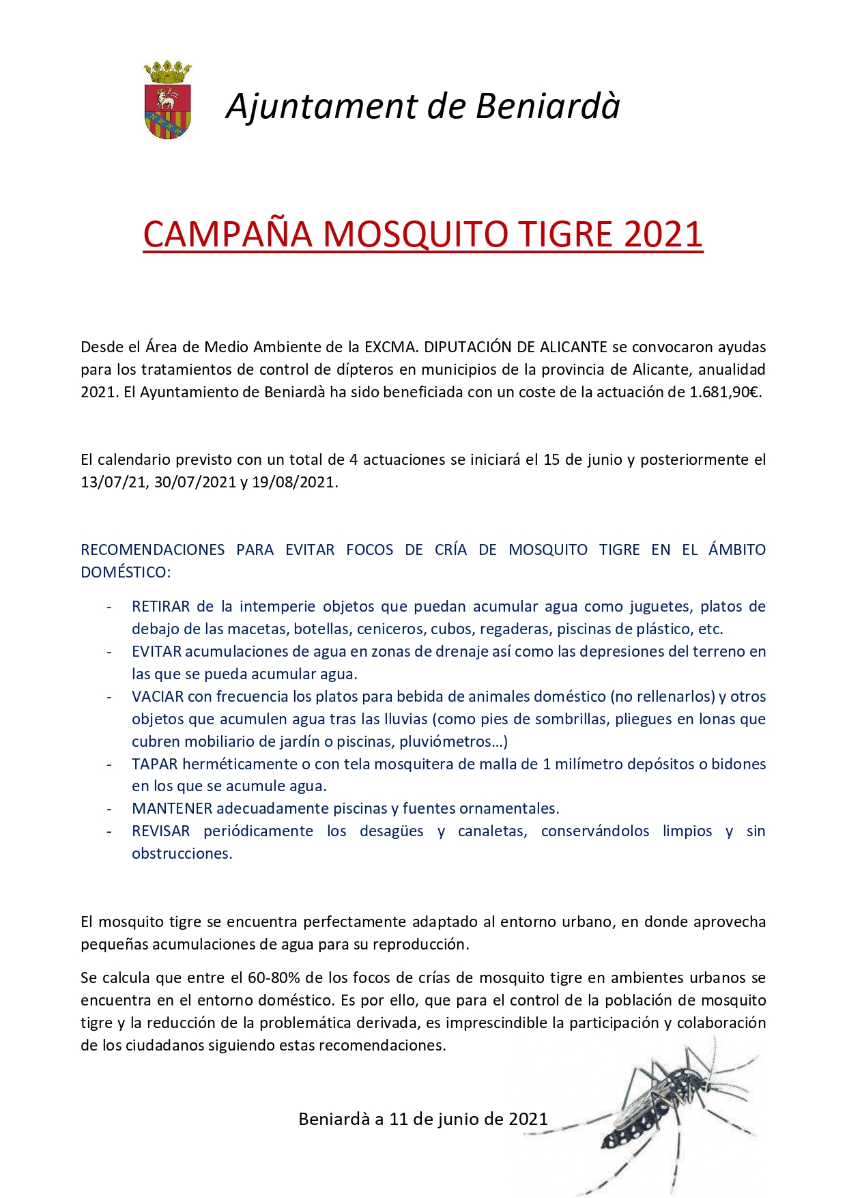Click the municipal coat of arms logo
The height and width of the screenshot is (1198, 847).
pos(167,101)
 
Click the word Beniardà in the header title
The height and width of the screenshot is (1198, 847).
pos(547,106)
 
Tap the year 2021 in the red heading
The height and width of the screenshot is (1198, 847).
pos(663,234)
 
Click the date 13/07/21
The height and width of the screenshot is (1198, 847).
pos(113,482)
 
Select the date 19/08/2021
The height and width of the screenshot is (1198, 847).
pos(294,482)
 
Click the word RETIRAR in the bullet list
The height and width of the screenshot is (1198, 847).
pos(161,606)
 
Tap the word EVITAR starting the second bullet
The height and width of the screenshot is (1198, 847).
pos(156,651)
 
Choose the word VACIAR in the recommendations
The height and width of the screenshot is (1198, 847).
pos(158,696)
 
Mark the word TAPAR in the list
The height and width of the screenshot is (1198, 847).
pos(155,764)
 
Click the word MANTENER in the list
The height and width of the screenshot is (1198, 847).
pos(172,808)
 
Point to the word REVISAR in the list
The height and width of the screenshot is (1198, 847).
pos(161,831)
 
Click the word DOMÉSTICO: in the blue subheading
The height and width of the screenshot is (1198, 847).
pos(126,572)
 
